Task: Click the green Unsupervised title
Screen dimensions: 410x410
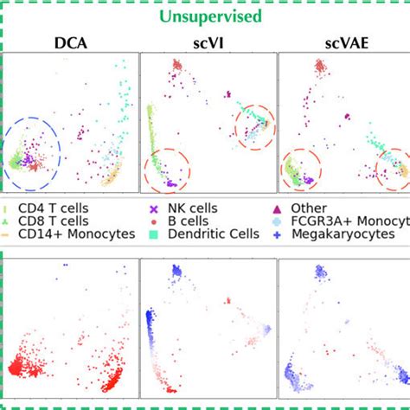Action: pos(205,16)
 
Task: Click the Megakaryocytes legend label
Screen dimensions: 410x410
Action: pos(356,234)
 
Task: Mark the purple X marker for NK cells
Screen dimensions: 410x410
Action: pos(154,208)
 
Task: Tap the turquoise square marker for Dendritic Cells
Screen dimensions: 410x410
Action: pos(154,234)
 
